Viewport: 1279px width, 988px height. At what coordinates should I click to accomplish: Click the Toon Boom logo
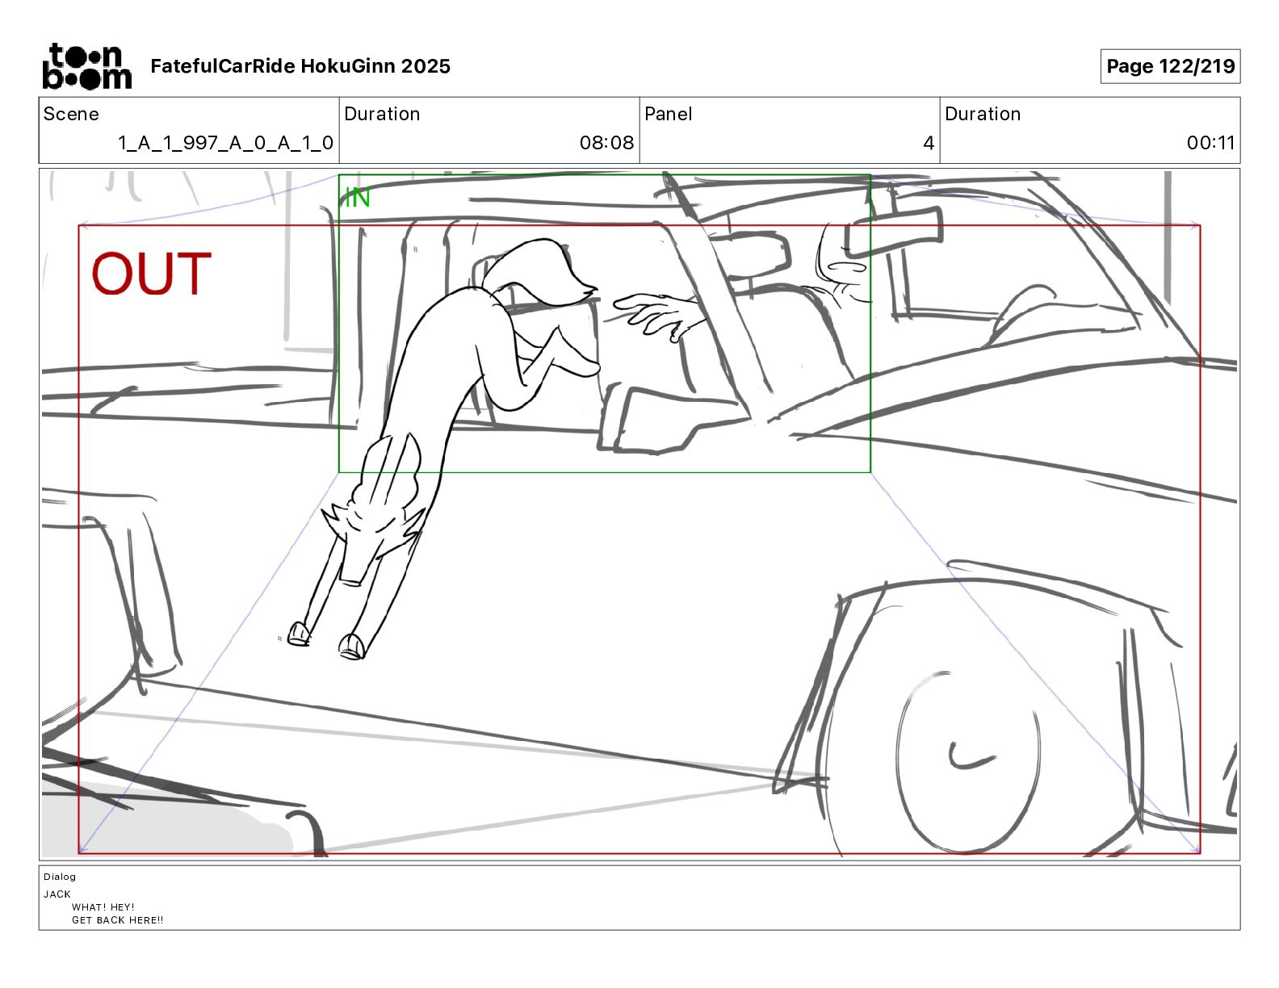click(x=86, y=66)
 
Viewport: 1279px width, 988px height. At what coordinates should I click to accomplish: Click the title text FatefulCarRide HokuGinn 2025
click(x=300, y=66)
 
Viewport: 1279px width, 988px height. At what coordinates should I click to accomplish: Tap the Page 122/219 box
click(x=1170, y=66)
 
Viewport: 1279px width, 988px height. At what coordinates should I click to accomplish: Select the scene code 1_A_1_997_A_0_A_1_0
click(x=225, y=143)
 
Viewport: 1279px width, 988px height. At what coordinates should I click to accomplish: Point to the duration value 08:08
click(x=606, y=143)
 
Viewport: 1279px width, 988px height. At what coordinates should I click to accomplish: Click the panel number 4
click(x=929, y=143)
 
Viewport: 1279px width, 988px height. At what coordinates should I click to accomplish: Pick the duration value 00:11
click(x=1210, y=143)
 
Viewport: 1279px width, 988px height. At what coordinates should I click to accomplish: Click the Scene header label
click(x=71, y=114)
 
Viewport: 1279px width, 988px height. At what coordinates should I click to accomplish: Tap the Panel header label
click(x=668, y=114)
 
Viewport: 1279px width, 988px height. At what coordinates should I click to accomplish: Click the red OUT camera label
click(x=151, y=274)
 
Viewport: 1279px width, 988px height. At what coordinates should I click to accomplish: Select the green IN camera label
click(x=357, y=197)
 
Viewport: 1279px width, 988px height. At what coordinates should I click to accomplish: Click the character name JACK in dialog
click(x=57, y=894)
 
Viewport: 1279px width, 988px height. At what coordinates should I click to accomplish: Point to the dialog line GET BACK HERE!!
click(x=117, y=919)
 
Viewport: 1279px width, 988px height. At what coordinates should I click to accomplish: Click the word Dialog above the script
click(x=60, y=877)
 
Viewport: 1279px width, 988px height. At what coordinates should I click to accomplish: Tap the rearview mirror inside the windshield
click(x=893, y=224)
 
